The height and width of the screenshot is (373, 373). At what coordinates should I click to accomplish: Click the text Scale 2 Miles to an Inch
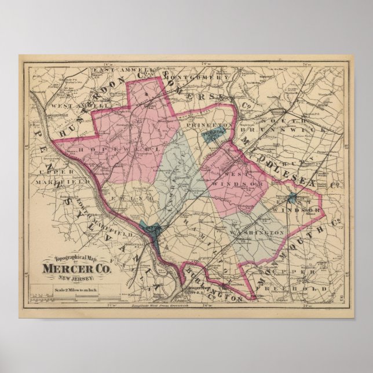click(x=70, y=290)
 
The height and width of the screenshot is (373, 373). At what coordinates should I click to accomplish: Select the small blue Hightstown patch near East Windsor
click(x=292, y=198)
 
